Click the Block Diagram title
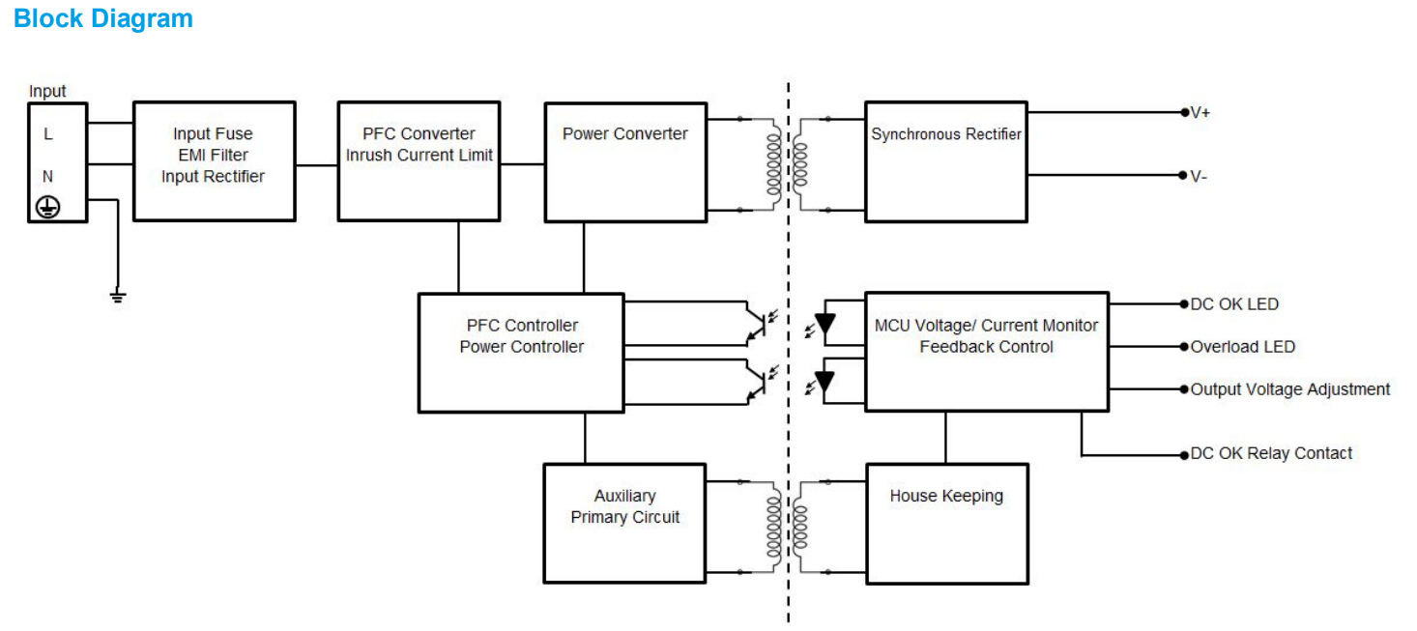point(103,18)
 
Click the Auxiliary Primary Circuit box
point(624,523)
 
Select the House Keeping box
point(946,523)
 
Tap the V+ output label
point(1200,113)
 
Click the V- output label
point(1200,176)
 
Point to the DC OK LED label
point(1234,304)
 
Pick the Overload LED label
point(1242,347)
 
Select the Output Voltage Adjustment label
point(1289,389)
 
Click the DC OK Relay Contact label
point(1271,453)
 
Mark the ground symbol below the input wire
point(117,296)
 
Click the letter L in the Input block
point(48,134)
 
